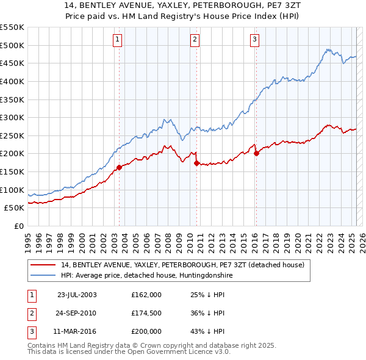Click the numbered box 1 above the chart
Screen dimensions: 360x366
click(x=117, y=41)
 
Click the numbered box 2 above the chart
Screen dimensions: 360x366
click(x=195, y=41)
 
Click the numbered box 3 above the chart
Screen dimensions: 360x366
click(x=254, y=41)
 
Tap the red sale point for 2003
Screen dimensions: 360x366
click(x=120, y=168)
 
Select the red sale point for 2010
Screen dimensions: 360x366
click(x=196, y=163)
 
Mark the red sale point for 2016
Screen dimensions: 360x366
click(x=256, y=154)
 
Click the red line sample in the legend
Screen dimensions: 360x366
click(x=43, y=265)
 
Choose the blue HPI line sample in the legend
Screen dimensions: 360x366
click(x=43, y=276)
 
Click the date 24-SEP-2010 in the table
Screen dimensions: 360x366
click(x=77, y=313)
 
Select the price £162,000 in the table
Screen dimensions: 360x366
click(x=146, y=294)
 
